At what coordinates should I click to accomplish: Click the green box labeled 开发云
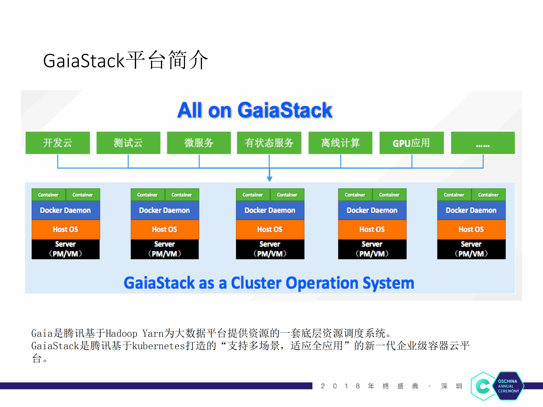click(x=57, y=143)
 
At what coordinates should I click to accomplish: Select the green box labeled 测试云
click(x=128, y=143)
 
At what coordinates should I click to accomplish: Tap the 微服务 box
click(x=199, y=143)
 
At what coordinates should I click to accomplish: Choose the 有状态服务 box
click(x=269, y=143)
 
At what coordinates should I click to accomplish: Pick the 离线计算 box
click(x=340, y=143)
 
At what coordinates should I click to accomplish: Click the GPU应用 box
click(x=411, y=143)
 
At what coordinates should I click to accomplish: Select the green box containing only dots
click(x=483, y=143)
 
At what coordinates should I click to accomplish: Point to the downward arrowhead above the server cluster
click(x=269, y=178)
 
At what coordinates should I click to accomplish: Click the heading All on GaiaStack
click(x=255, y=110)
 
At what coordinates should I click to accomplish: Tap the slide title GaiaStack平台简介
click(x=125, y=60)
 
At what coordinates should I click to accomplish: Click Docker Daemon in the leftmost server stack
click(x=65, y=210)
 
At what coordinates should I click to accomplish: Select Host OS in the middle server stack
click(x=270, y=229)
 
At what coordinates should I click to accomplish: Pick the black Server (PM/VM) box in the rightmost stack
click(x=471, y=249)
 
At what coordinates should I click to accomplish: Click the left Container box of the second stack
click(x=147, y=195)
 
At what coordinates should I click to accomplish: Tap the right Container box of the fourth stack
click(x=389, y=195)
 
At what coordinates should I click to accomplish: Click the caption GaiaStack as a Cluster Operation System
click(x=269, y=283)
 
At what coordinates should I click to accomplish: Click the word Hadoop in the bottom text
click(x=121, y=333)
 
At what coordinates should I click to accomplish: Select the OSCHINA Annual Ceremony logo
click(x=497, y=386)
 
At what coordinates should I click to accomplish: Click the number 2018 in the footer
click(x=340, y=386)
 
